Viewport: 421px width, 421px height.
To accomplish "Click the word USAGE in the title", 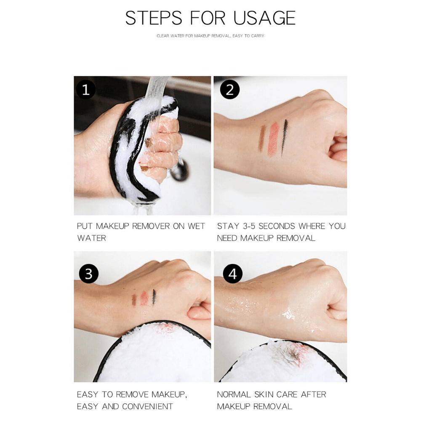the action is click(264, 18).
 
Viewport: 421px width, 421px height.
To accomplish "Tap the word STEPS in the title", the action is click(154, 18).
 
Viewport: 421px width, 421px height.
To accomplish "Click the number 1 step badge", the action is click(85, 89).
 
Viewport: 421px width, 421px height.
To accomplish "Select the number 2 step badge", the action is click(229, 89).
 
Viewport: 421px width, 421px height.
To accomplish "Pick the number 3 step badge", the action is click(88, 274).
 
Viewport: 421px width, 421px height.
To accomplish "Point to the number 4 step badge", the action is click(232, 274).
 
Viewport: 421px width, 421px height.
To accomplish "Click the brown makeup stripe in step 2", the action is click(261, 138).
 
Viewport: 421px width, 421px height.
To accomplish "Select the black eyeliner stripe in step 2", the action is click(284, 138).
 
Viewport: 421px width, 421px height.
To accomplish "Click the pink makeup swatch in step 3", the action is click(144, 298).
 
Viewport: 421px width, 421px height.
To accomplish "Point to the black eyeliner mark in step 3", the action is click(154, 297).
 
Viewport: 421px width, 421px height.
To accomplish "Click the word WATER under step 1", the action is click(91, 238).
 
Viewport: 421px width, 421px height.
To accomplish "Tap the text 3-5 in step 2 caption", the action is click(249, 226).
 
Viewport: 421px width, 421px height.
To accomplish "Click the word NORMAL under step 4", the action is click(234, 395).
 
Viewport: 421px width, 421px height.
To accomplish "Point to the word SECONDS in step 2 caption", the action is click(277, 226).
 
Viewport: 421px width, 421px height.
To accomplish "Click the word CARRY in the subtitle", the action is click(258, 36).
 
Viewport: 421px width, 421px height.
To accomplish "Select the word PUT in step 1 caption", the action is click(85, 226).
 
